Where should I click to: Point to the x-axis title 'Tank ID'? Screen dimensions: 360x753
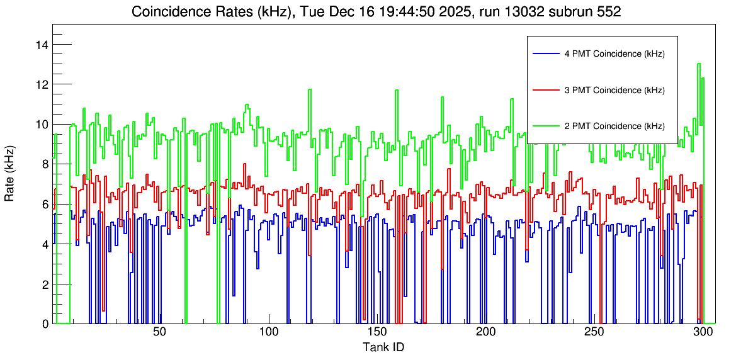(383, 347)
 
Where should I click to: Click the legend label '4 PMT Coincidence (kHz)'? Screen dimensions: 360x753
(614, 54)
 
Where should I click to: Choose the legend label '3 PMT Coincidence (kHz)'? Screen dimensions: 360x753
(614, 90)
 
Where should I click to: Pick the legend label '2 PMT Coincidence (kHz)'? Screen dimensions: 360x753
(614, 126)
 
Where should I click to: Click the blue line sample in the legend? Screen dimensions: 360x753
(546, 54)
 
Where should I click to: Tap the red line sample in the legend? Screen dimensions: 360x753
(546, 90)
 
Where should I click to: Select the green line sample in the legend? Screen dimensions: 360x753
(546, 126)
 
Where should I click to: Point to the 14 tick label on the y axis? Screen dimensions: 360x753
(43, 45)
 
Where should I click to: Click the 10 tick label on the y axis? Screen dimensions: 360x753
(43, 125)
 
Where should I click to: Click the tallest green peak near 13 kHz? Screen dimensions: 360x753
(699, 64)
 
